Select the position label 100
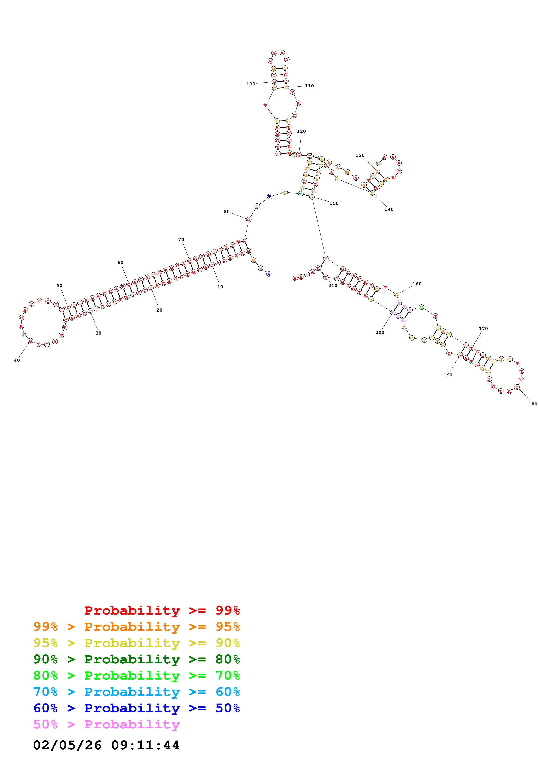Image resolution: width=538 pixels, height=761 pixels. click(x=251, y=84)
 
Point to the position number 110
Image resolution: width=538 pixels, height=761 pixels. click(x=309, y=86)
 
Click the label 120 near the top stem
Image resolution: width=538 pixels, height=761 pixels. click(x=301, y=131)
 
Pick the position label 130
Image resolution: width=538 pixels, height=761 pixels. click(x=360, y=156)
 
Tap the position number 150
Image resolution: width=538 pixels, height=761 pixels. click(x=334, y=203)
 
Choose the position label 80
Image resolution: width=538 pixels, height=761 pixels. click(x=227, y=212)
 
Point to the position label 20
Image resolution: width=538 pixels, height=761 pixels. click(x=160, y=310)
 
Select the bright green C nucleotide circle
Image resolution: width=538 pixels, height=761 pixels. click(x=421, y=307)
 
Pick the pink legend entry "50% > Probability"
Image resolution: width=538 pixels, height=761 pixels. click(x=106, y=725)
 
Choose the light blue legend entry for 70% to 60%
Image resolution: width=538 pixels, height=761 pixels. click(x=136, y=692)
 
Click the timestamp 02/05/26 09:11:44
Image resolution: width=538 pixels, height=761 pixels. click(x=106, y=745)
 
